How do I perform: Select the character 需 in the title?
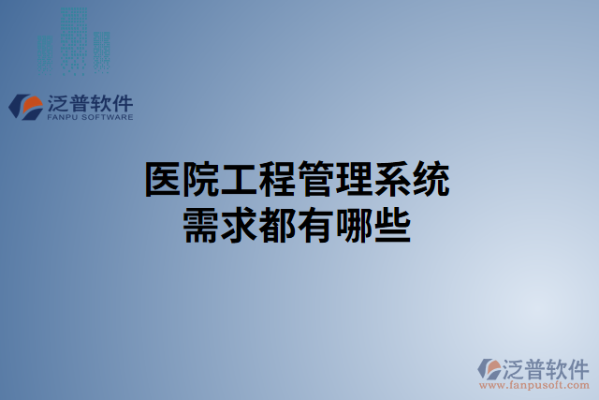click(x=203, y=225)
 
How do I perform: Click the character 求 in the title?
click(x=241, y=225)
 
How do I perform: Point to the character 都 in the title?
click(x=280, y=225)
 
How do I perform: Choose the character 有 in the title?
click(x=318, y=225)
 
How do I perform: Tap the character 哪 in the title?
click(x=357, y=225)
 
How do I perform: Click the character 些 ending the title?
click(x=395, y=225)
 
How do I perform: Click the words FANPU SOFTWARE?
click(x=89, y=117)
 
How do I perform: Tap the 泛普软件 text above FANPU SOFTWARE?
click(x=89, y=102)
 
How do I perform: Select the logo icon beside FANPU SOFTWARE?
click(x=25, y=106)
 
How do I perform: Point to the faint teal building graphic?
click(x=74, y=40)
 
